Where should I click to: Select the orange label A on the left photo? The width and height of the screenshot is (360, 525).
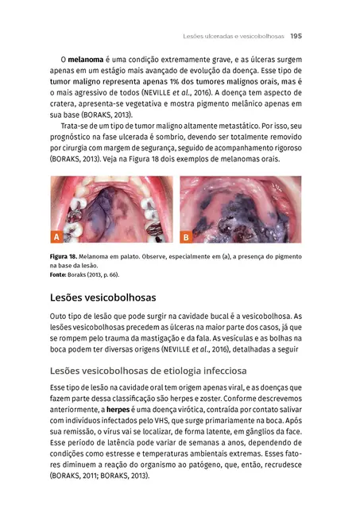(56, 237)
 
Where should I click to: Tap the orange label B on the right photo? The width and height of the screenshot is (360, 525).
(186, 237)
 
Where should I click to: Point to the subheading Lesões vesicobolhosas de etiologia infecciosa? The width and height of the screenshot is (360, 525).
(148, 371)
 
